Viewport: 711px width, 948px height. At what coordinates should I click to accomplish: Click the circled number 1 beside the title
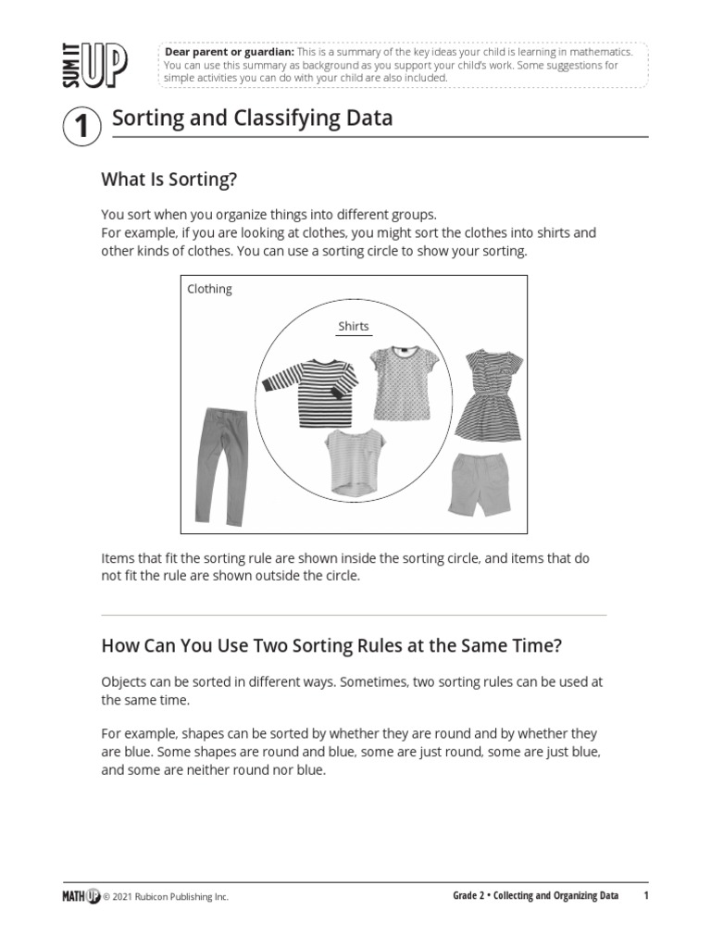81,126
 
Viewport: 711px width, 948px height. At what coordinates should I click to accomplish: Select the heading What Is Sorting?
176,179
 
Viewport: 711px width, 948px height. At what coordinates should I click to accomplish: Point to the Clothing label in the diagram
209,289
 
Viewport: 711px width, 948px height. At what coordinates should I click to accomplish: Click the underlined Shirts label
354,326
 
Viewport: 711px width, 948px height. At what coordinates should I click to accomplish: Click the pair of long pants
218,464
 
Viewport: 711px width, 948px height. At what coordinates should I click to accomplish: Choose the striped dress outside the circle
489,395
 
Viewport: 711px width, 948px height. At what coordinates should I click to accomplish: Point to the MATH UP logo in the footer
81,895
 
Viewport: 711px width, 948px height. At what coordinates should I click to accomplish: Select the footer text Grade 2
469,895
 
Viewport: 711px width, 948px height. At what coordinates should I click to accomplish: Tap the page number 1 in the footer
646,895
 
